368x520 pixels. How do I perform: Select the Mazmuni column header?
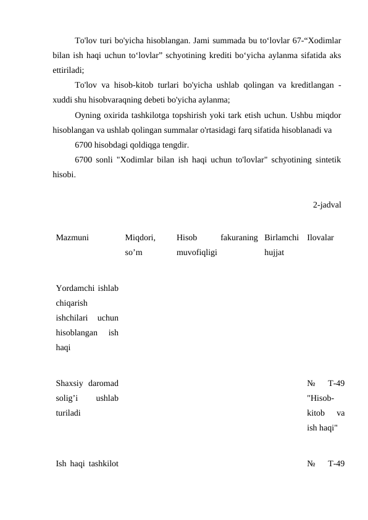pos(72,237)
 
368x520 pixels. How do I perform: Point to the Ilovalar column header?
pos(320,237)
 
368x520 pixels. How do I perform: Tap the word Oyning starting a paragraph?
pos(87,115)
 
